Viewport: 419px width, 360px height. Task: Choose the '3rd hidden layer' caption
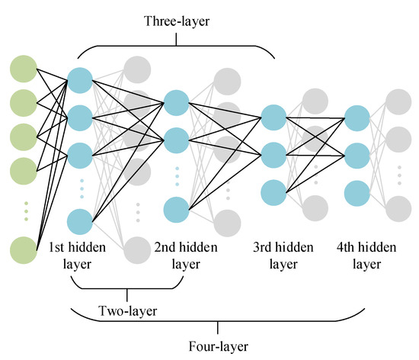[x=283, y=256]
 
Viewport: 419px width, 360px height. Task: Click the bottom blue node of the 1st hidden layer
[x=81, y=221]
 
